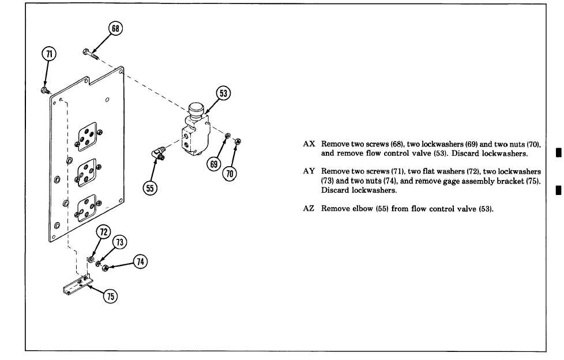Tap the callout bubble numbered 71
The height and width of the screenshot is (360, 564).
coord(49,55)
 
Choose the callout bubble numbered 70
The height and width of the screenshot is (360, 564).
coord(230,172)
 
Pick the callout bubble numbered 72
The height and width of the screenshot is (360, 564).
coord(104,232)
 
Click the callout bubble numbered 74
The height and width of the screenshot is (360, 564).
coord(140,261)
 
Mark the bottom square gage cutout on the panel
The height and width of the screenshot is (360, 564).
coord(87,207)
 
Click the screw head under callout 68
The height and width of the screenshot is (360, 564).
coord(85,52)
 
